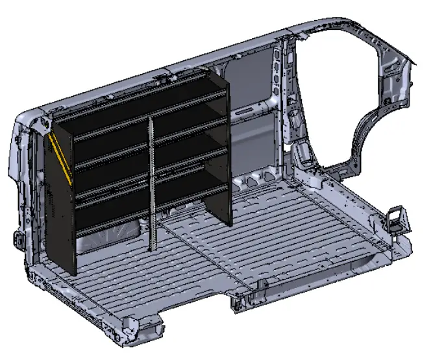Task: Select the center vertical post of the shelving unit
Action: pyautogui.click(x=152, y=182)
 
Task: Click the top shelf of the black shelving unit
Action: pyautogui.click(x=143, y=97)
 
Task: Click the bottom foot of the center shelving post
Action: pyautogui.click(x=153, y=245)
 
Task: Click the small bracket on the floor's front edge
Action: pyautogui.click(x=262, y=285)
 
